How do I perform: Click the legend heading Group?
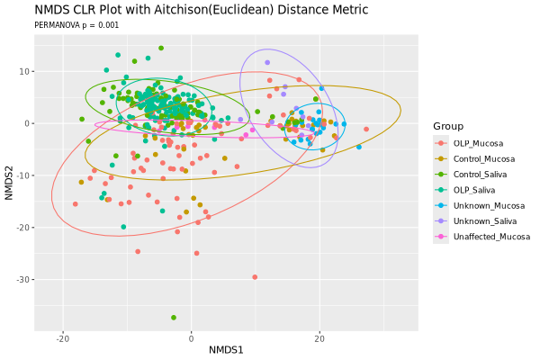(x=447, y=126)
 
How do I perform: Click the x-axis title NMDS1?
(x=226, y=349)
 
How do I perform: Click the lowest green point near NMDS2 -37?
(x=174, y=318)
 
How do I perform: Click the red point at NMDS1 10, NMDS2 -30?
(x=255, y=277)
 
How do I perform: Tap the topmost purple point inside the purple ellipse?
(x=267, y=63)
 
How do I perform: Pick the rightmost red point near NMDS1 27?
(x=366, y=130)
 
